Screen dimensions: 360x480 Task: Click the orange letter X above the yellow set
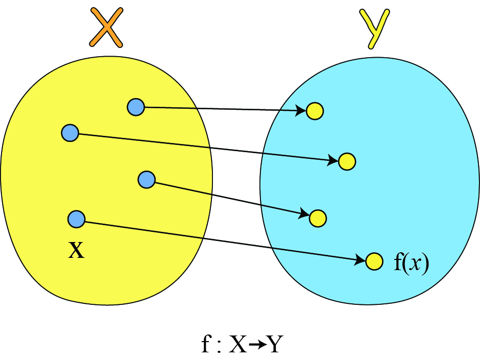(106, 28)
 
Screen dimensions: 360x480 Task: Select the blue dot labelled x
(76, 219)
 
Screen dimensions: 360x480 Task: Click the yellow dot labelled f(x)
(374, 261)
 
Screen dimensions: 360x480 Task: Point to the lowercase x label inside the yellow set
(76, 251)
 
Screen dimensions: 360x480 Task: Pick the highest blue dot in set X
(136, 107)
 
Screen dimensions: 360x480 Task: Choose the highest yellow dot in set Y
(315, 111)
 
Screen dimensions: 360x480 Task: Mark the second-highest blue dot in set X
(69, 133)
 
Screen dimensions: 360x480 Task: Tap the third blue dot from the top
(147, 179)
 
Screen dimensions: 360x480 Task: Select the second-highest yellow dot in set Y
(347, 162)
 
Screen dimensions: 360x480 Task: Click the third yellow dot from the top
(318, 218)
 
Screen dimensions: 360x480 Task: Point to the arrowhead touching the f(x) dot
(361, 260)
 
